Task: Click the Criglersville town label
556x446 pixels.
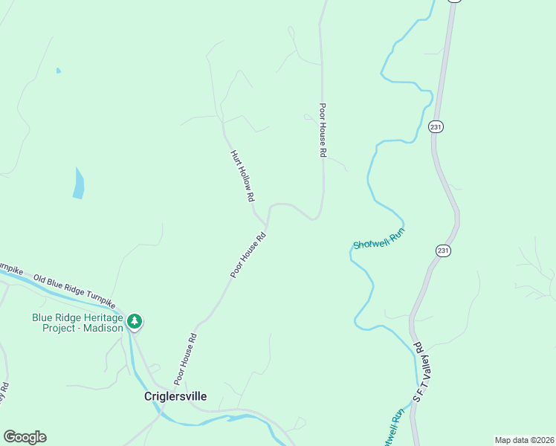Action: [x=175, y=397]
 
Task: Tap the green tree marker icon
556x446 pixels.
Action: [x=135, y=321]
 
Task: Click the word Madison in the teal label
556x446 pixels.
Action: [x=101, y=328]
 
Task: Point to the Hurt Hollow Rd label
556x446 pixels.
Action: [x=242, y=176]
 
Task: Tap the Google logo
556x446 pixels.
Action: [x=25, y=436]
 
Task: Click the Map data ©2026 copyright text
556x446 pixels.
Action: [x=523, y=440]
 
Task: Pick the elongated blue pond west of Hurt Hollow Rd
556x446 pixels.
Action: [x=78, y=184]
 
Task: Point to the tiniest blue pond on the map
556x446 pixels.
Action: [x=58, y=71]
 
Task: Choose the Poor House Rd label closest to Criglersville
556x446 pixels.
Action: [x=185, y=358]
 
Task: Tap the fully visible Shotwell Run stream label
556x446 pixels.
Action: [x=378, y=239]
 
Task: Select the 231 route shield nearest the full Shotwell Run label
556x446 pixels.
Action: [x=443, y=251]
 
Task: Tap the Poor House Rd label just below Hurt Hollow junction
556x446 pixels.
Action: [x=248, y=256]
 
